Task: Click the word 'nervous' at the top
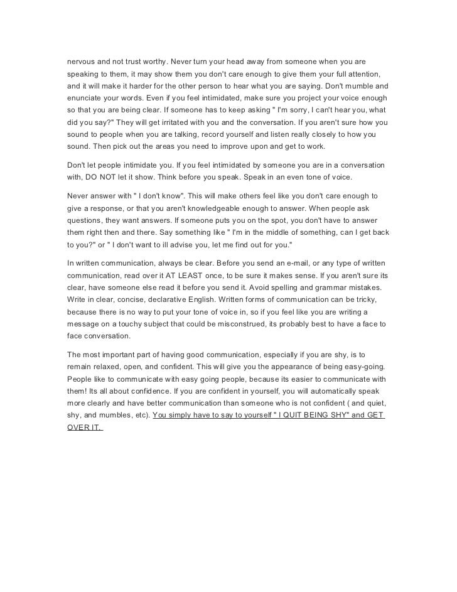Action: click(x=83, y=62)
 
